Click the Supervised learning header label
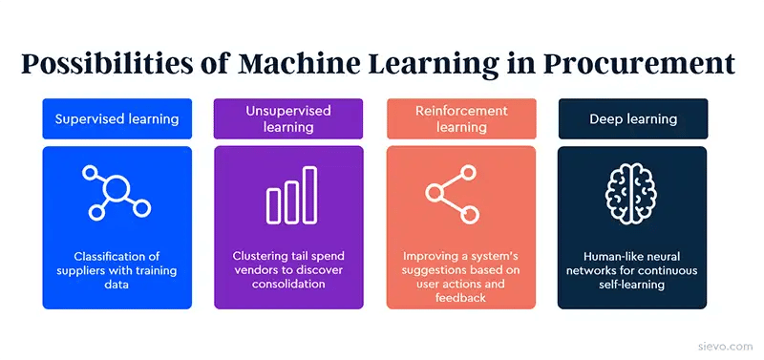(117, 119)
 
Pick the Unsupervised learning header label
(288, 119)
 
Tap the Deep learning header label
(632, 119)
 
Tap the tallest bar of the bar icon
(309, 194)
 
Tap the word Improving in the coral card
(432, 256)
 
